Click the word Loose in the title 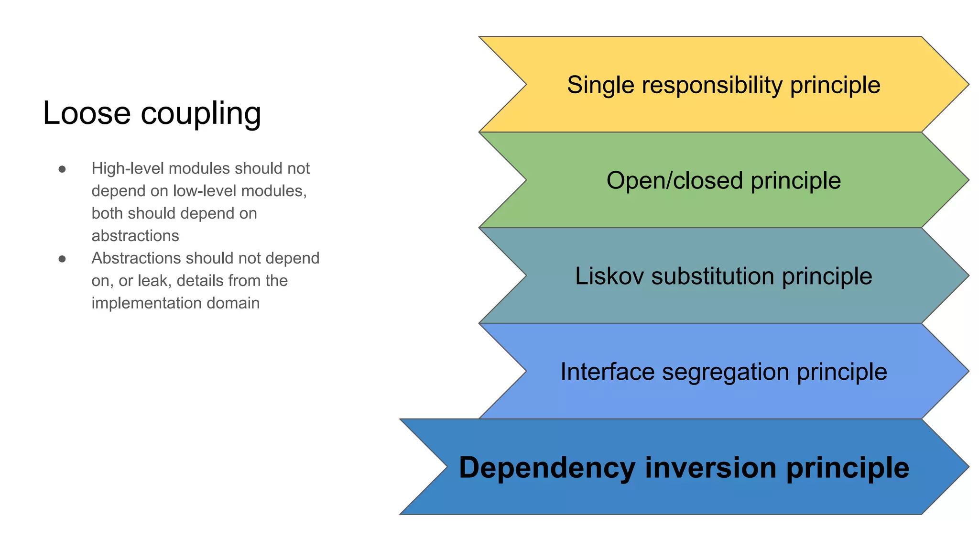point(87,113)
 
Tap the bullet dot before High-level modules point(62,169)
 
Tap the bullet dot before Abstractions point(62,259)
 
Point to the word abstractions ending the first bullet point(135,236)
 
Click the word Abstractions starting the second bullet point(136,258)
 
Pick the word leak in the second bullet point(153,281)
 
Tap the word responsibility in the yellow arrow point(712,86)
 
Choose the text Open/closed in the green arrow point(674,181)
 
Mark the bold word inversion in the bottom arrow point(711,468)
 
